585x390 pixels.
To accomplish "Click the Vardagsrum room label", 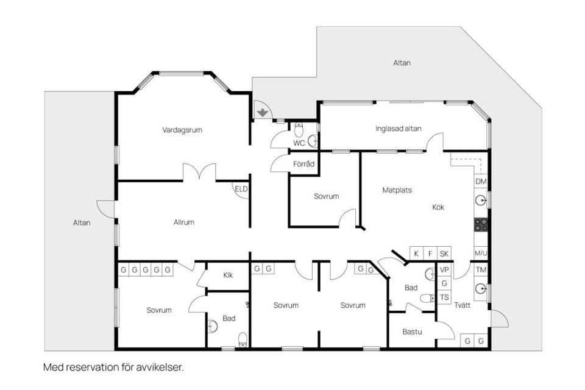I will (182, 130).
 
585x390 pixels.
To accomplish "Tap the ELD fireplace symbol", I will (241, 190).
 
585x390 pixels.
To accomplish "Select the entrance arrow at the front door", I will (262, 112).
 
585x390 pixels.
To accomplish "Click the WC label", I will (299, 143).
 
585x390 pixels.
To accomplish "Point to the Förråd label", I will (303, 164).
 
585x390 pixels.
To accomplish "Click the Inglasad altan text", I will (398, 129).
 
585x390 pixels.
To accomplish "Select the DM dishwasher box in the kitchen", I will (481, 182).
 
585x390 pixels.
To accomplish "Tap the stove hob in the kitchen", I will (481, 224).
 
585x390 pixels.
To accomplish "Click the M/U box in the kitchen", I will (481, 253).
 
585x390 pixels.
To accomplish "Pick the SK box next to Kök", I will (444, 253).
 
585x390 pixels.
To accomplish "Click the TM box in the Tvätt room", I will (481, 270).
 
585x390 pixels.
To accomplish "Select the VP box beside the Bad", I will (444, 270).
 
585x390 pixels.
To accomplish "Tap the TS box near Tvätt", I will (444, 297).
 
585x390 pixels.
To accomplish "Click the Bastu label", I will (412, 332).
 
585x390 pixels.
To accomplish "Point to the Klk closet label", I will (228, 275).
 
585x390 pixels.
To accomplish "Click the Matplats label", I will (397, 190).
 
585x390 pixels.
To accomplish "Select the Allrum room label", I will (183, 222).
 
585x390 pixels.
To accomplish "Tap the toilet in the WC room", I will (299, 130).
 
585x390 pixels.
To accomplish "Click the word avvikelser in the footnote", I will (161, 367).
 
